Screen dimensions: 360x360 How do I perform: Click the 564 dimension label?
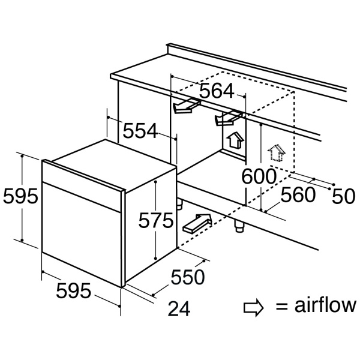(216, 91)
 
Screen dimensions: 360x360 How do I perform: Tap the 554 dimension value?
(140, 131)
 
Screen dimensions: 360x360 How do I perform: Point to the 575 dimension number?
(155, 221)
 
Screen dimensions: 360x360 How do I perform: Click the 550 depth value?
(188, 277)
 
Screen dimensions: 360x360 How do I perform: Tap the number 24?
(179, 309)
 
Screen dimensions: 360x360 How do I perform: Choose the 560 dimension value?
(299, 194)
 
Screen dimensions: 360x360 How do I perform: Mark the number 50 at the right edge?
(344, 197)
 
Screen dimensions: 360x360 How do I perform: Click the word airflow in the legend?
(325, 306)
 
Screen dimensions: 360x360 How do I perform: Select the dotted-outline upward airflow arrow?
(275, 152)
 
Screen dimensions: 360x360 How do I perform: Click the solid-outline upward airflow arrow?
(236, 141)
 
